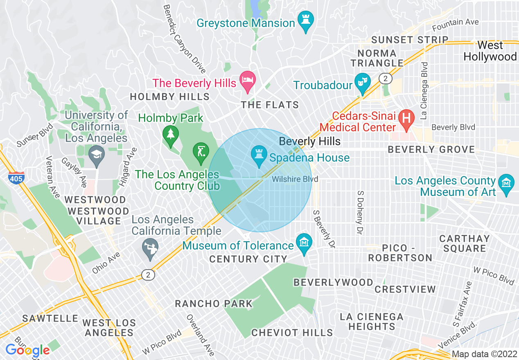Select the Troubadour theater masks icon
pos(362,82)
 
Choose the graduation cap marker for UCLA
pos(97,156)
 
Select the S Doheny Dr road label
pos(360,212)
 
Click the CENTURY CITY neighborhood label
pos(248,259)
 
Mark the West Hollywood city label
pos(490,51)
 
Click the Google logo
pos(27,350)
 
